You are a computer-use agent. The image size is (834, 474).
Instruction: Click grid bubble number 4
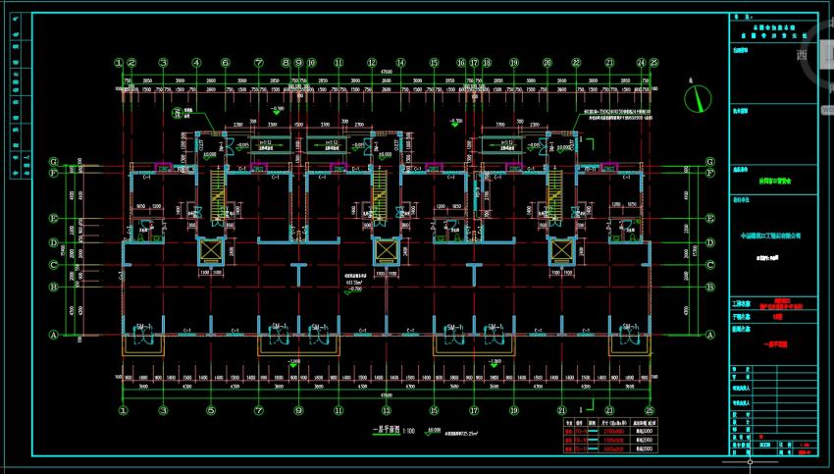pos(196,62)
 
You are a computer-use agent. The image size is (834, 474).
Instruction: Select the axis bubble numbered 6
pos(225,62)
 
